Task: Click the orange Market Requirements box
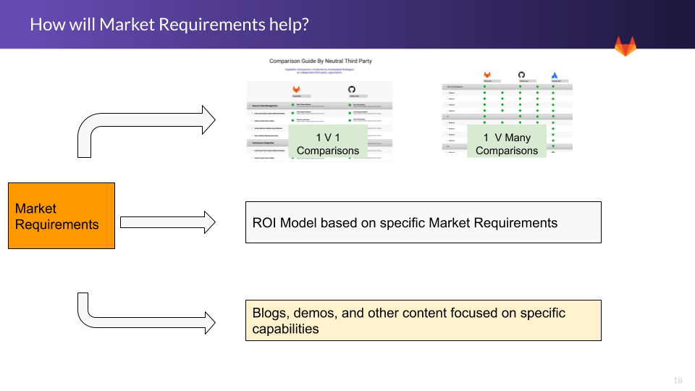pos(62,216)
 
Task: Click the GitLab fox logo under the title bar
pos(625,46)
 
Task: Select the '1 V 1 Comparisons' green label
pos(327,143)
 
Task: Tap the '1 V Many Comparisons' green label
pos(507,143)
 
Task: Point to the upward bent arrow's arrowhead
pos(208,119)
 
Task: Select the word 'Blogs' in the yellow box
pos(269,314)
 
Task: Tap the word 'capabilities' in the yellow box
pos(285,329)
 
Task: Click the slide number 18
pos(678,381)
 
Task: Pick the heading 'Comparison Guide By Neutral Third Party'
pos(320,62)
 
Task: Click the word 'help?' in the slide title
pos(290,25)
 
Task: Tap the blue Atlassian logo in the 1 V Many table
pos(555,75)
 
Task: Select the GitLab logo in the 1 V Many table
pos(487,75)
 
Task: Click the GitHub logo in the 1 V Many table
pos(521,75)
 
